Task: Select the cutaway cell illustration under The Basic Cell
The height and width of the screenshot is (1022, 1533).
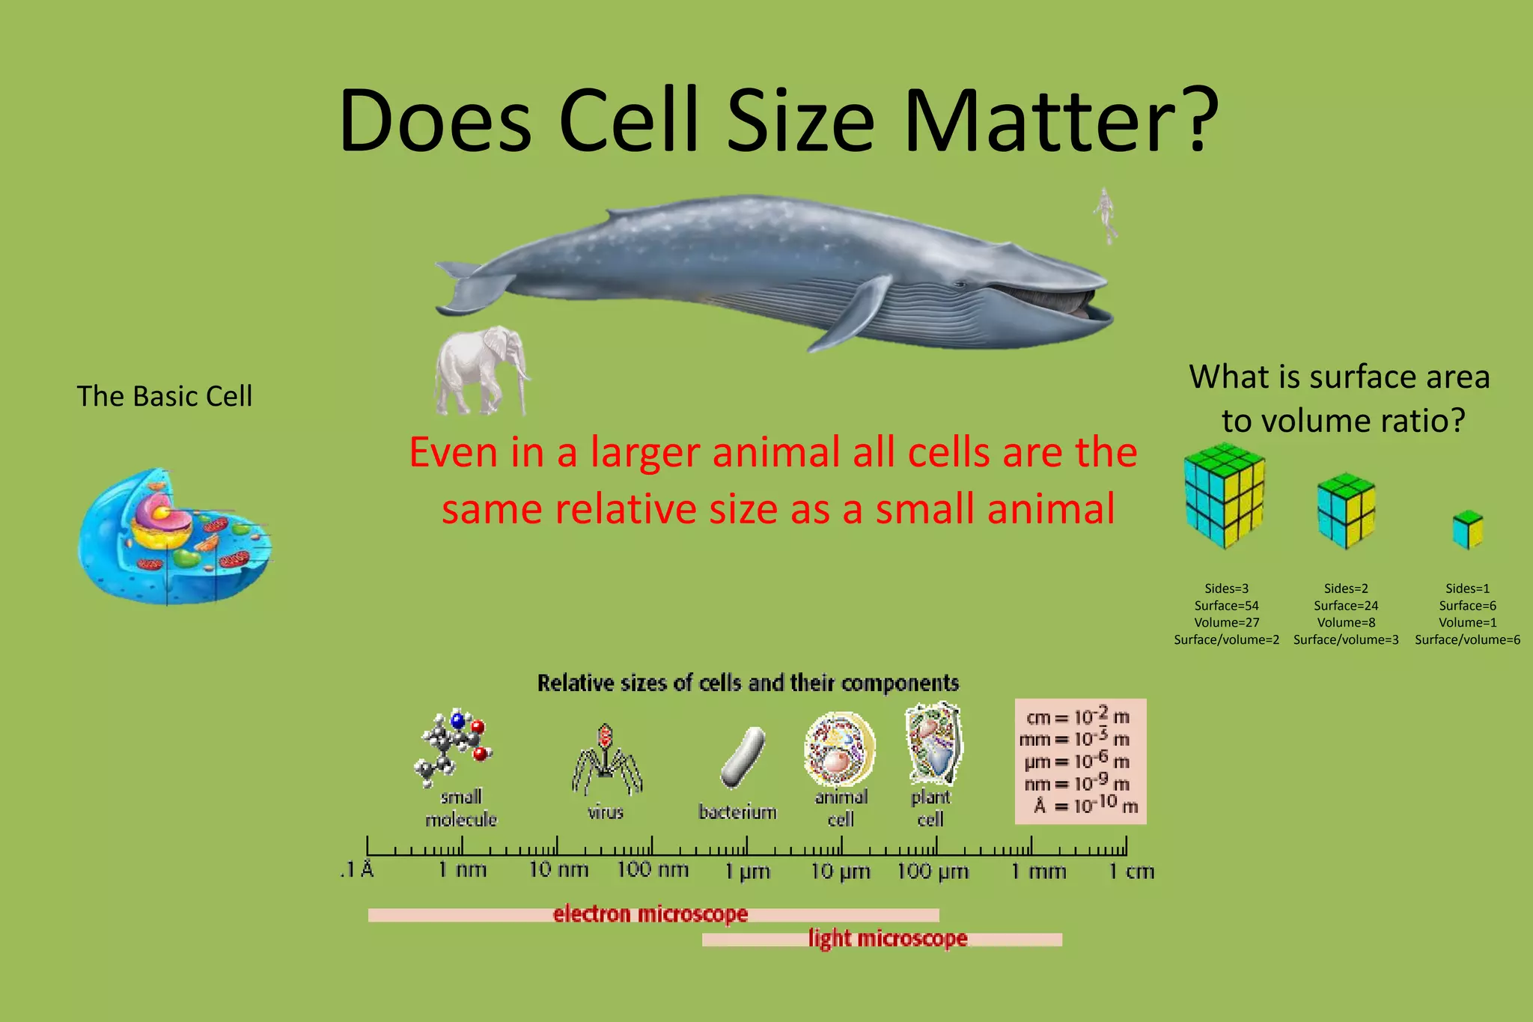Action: click(x=174, y=535)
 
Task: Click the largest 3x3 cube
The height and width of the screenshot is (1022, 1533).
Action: click(x=1225, y=495)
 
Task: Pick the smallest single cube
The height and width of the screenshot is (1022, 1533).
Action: click(x=1467, y=529)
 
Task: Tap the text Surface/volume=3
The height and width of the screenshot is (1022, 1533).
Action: click(x=1346, y=639)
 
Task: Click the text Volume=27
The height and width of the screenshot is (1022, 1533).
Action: click(x=1226, y=622)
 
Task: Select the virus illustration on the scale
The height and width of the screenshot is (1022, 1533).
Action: click(x=606, y=759)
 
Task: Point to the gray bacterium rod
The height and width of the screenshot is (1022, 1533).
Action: click(x=743, y=757)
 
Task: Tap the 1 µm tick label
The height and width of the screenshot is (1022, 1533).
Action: click(x=747, y=872)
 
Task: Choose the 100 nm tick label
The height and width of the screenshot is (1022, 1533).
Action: click(x=652, y=870)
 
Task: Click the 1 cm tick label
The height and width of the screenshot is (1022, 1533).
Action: click(x=1131, y=872)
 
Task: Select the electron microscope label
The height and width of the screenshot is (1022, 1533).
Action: click(x=650, y=914)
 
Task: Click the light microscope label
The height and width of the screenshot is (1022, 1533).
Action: click(x=887, y=938)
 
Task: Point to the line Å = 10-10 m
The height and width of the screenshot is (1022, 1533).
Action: click(x=1085, y=806)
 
